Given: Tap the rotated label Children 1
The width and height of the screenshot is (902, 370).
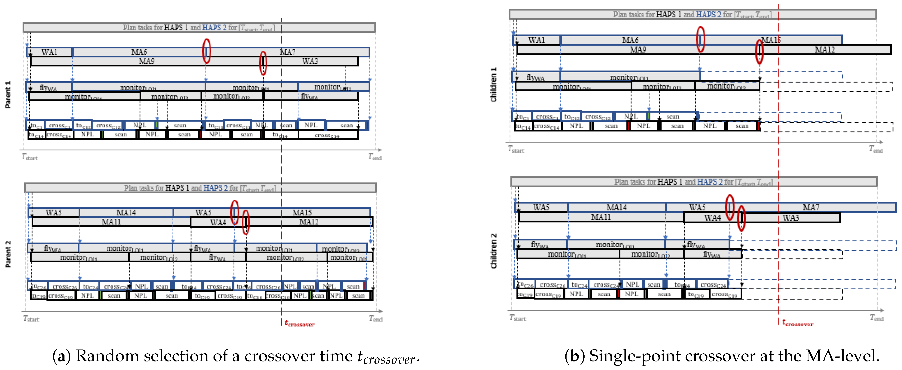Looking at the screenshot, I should [x=493, y=85].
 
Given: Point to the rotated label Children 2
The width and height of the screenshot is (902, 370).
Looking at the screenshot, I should [x=493, y=251].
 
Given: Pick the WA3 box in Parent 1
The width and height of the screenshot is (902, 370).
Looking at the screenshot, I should [x=310, y=61].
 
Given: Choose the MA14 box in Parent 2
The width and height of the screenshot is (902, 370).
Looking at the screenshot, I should [x=126, y=213].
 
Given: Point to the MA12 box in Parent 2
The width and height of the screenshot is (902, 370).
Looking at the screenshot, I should [x=309, y=222].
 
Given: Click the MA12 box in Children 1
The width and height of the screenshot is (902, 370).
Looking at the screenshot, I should [x=825, y=50].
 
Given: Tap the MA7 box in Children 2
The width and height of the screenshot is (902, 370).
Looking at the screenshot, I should [x=811, y=207].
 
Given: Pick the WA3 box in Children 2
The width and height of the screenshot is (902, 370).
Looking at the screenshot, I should [x=791, y=218].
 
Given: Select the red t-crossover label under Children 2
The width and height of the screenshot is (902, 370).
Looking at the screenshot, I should [x=798, y=323].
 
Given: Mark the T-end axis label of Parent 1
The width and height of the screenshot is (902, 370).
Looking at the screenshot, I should [x=375, y=157].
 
